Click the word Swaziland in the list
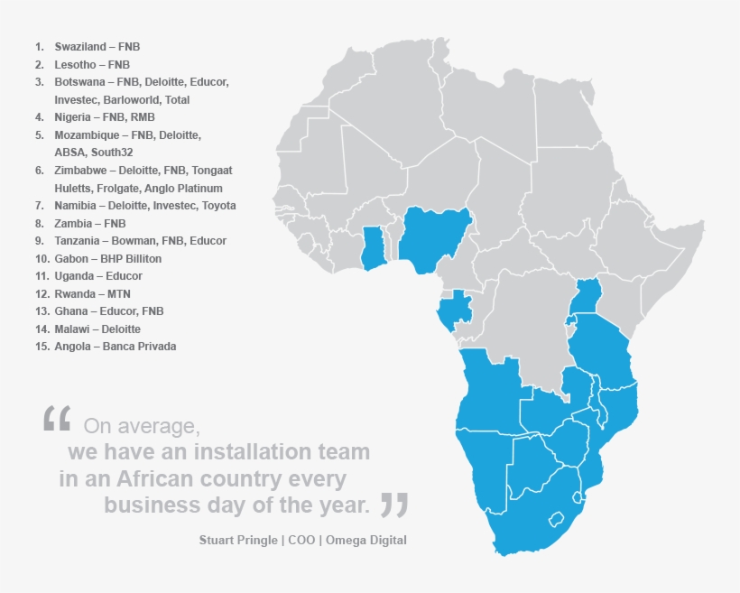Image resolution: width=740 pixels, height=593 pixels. pyautogui.click(x=79, y=46)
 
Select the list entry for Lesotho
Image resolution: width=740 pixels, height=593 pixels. pyautogui.click(x=82, y=64)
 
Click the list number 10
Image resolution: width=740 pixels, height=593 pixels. pyautogui.click(x=42, y=258)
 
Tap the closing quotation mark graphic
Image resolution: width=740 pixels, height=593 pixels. pyautogui.click(x=393, y=505)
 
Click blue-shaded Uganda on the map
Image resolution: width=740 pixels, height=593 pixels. pyautogui.click(x=587, y=294)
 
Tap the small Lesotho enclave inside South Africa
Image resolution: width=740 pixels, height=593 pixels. pyautogui.click(x=558, y=516)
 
